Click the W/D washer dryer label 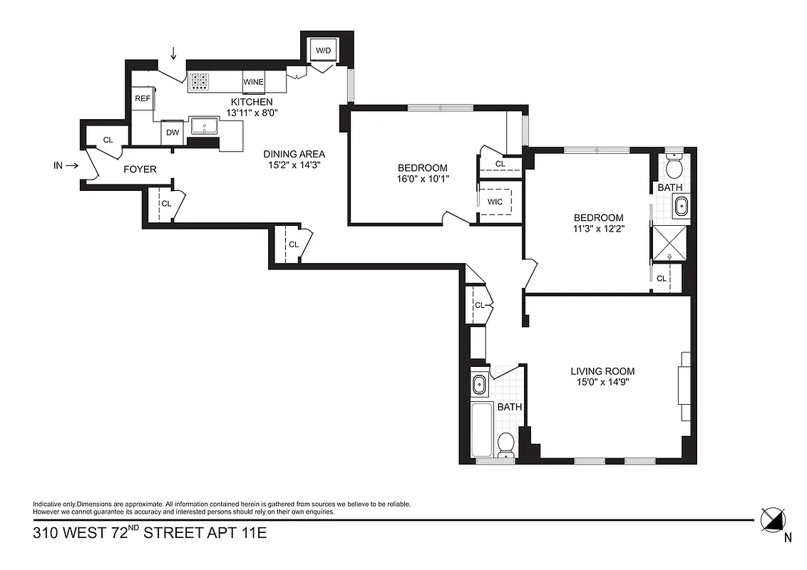point(324,51)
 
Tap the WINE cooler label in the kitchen point(253,82)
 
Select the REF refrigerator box point(143,98)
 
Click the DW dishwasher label point(173,132)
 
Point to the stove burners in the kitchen point(199,82)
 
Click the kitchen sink point(205,128)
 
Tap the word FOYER point(140,170)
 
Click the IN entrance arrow point(65,166)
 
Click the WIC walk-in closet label point(495,202)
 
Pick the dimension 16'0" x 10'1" point(423,178)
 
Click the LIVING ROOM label point(602,371)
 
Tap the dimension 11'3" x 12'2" point(599,228)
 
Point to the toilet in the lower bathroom point(506,442)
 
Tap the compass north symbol point(774,519)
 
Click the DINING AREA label point(294,154)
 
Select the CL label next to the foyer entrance point(108,140)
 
